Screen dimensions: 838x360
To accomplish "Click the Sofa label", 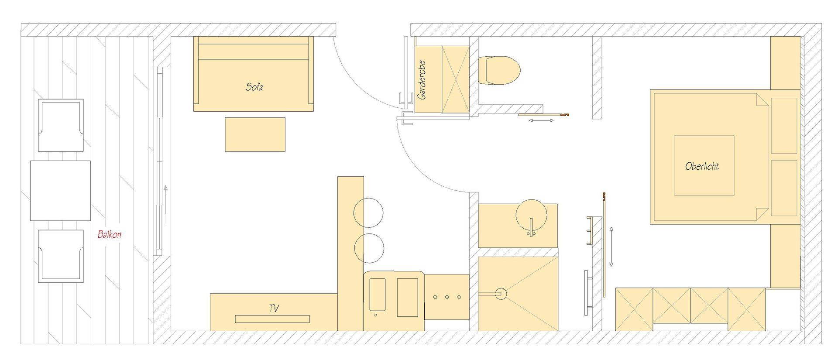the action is point(254,87).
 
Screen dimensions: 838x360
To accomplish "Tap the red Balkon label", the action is point(109,234).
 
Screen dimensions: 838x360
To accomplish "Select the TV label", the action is point(274,309).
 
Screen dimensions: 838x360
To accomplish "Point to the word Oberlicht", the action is point(702,166).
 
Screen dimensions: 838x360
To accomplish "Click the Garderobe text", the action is point(422,80).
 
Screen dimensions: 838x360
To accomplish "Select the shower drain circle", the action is point(501,294).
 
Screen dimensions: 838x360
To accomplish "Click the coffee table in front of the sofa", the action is point(255,134).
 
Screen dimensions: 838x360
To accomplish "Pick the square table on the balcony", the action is point(60,191).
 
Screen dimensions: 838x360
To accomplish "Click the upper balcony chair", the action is point(61,125).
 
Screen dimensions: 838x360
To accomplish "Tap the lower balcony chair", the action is point(61,256).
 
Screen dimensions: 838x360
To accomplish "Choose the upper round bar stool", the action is point(368,213).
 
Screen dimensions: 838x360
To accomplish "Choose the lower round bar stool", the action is point(368,248).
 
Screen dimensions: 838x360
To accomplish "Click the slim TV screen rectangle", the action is point(272,319).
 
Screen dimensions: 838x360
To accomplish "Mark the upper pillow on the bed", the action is point(784,126).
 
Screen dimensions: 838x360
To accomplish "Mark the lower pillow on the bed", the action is point(784,188).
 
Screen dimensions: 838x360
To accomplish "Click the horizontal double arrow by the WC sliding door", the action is point(541,120).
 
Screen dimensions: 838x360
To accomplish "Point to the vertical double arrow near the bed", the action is point(611,247).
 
